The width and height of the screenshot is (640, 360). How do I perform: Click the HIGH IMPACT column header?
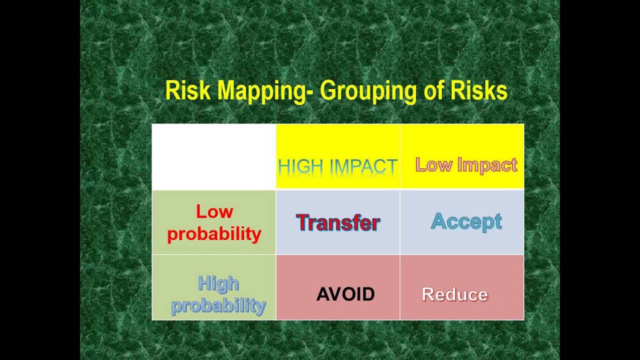[x=337, y=166]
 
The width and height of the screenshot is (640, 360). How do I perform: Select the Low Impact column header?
[x=466, y=165]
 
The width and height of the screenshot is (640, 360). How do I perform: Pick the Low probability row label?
[x=214, y=223]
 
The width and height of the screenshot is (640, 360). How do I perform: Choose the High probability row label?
[x=218, y=295]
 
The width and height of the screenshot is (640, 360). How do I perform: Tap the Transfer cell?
[x=338, y=222]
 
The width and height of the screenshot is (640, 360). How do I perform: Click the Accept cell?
[x=466, y=221]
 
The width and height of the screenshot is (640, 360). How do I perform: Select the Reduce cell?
[x=454, y=294]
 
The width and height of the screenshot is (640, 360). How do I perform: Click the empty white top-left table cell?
[x=214, y=156]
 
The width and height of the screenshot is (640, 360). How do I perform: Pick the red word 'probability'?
[x=214, y=234]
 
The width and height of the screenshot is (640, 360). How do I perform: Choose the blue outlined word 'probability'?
[x=218, y=305]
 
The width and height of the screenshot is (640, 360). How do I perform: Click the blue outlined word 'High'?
[x=218, y=284]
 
